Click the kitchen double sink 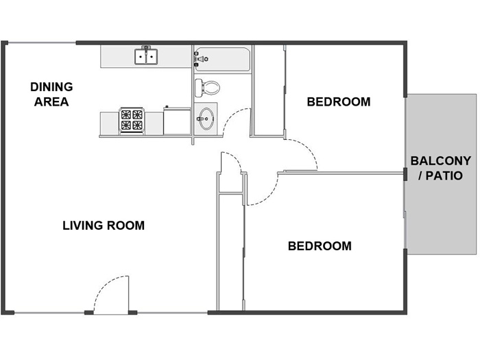(x=146, y=56)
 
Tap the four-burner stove (x=132, y=120)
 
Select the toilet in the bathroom (x=207, y=87)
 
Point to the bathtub (x=223, y=60)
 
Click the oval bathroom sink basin (x=206, y=119)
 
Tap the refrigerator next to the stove (x=177, y=121)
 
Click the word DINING (x=51, y=87)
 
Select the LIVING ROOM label (x=104, y=226)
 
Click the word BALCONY (x=440, y=160)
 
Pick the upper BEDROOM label (x=339, y=102)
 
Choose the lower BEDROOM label (x=320, y=246)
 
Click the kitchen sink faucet (x=146, y=49)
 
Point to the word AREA (x=51, y=102)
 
